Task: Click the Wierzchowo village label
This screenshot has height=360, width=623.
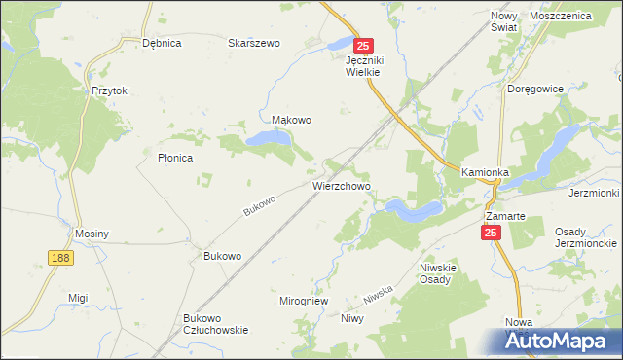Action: [x=341, y=184]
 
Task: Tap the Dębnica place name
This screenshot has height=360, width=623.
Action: [x=162, y=43]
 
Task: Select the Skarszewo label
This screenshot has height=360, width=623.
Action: [x=253, y=43]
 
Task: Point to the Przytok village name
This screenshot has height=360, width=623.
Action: [x=110, y=90]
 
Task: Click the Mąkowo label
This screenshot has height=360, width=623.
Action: [x=291, y=121]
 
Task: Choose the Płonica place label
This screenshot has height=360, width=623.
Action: [x=175, y=157]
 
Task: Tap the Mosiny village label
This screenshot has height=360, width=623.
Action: [x=92, y=234]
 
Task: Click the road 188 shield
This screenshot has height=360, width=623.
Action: [x=60, y=256]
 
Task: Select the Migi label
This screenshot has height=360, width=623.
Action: [x=78, y=298]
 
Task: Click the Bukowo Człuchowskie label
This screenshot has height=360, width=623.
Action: [x=215, y=324]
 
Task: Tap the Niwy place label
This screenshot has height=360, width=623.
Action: [x=351, y=318]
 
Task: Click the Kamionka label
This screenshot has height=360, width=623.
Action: [x=486, y=172]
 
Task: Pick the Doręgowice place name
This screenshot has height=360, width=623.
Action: [x=536, y=89]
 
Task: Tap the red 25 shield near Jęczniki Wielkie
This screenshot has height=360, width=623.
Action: [x=363, y=46]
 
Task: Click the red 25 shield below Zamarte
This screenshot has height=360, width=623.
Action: [x=490, y=233]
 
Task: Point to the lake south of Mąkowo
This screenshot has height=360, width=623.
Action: [x=269, y=140]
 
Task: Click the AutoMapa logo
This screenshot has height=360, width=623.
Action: [x=562, y=342]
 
